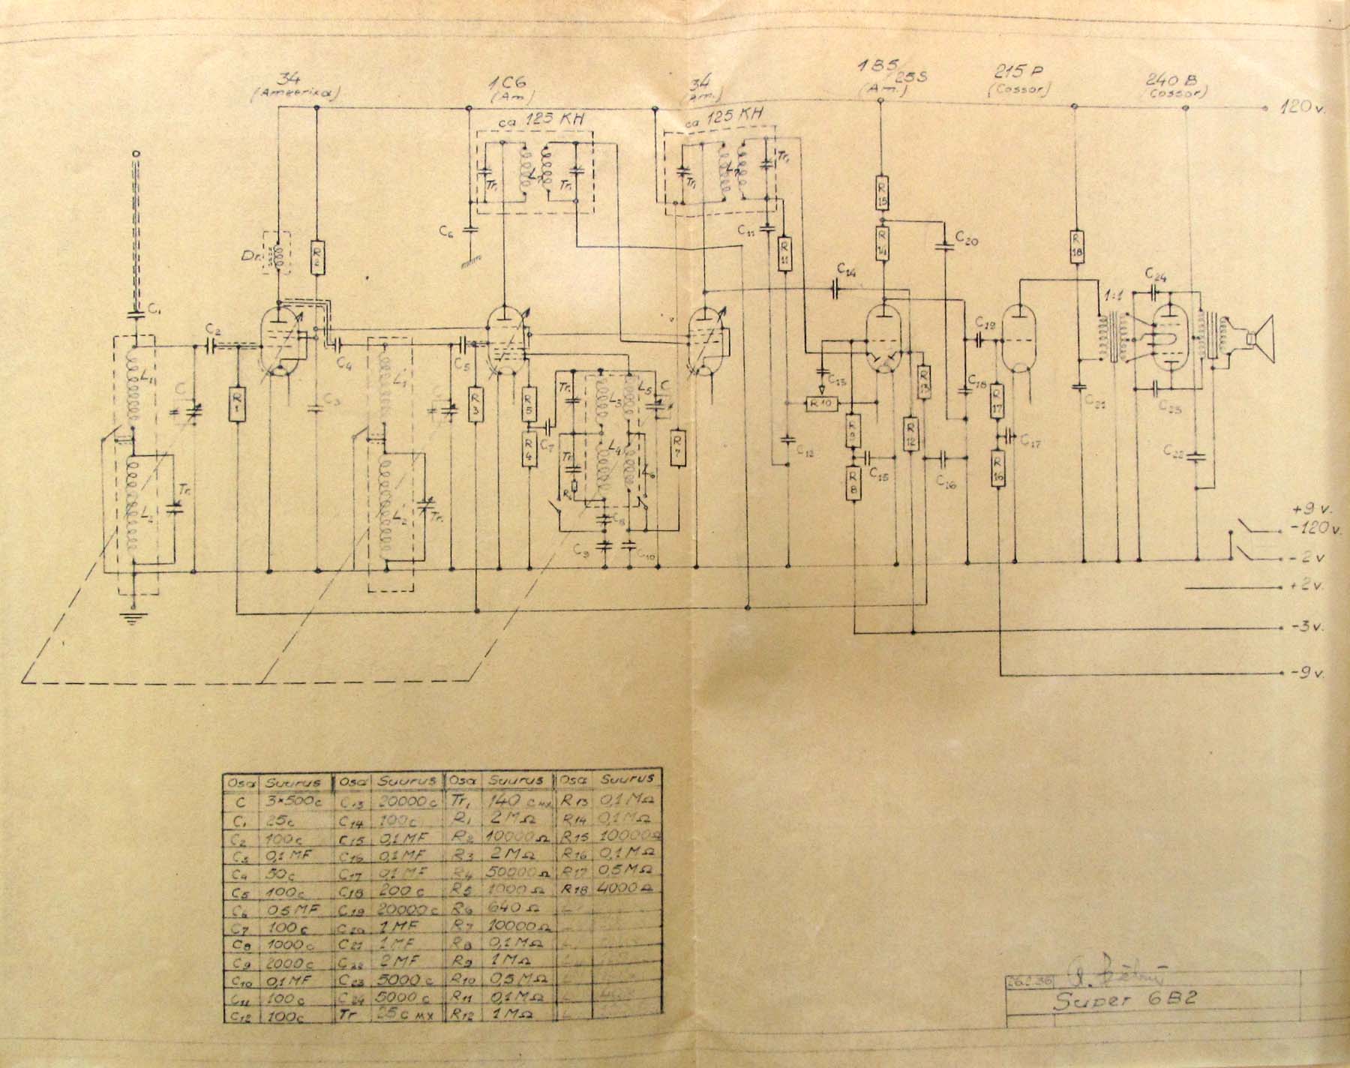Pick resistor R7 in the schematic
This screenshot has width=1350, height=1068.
tap(678, 447)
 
